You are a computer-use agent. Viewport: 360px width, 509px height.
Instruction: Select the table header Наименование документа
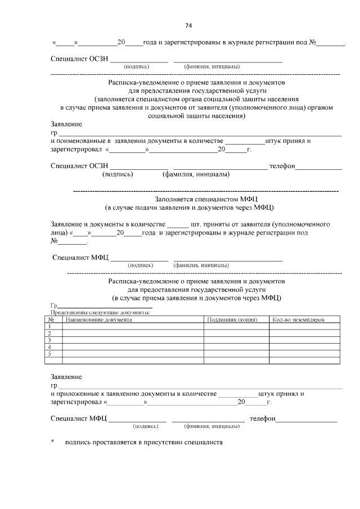pos(98,319)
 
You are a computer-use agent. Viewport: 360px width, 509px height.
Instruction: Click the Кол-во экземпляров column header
pos(298,319)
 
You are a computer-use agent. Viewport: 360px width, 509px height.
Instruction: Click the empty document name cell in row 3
pos(132,340)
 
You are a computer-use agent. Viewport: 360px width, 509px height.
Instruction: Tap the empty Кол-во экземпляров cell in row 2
pos(305,334)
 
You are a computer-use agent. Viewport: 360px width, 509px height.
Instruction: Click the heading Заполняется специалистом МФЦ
pos(206,199)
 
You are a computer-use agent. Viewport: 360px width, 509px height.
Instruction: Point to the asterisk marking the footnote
pos(52,443)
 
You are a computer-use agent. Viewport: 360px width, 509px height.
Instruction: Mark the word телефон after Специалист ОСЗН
pos(282,166)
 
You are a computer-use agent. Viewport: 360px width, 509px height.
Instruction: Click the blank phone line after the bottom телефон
pos(306,419)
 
